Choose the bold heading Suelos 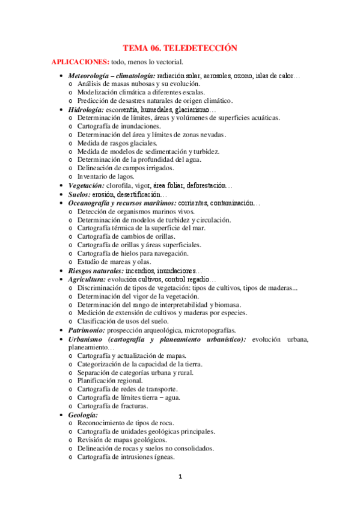pyautogui.click(x=80, y=195)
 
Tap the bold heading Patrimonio pyautogui.click(x=86, y=330)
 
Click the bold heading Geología pyautogui.click(x=83, y=415)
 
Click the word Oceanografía pyautogui.click(x=91, y=203)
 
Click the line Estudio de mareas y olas pyautogui.click(x=114, y=262)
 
